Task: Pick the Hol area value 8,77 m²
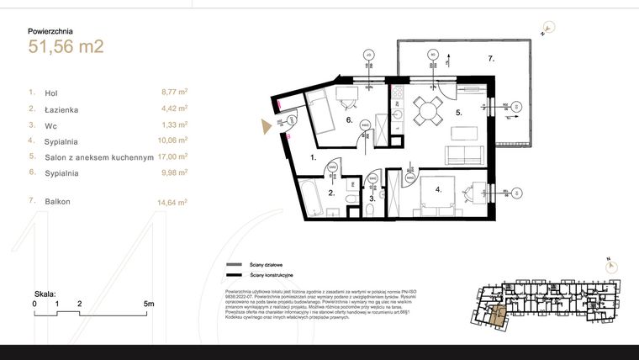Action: tap(173, 93)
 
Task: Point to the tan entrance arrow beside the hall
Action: tap(267, 126)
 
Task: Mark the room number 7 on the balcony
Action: tap(492, 59)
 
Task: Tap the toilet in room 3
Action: tap(372, 205)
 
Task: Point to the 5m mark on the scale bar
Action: tap(149, 303)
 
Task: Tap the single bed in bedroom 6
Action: tap(323, 110)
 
